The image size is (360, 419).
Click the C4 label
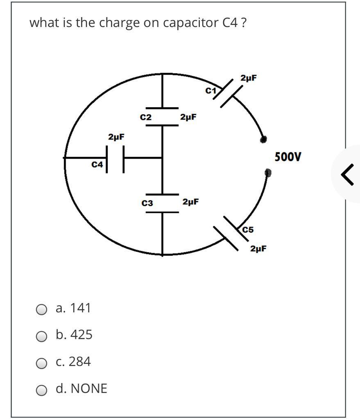(x=97, y=164)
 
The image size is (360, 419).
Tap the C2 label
(x=145, y=117)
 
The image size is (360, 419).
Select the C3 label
(x=147, y=203)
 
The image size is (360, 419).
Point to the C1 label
(x=211, y=91)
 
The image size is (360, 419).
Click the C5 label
(x=248, y=230)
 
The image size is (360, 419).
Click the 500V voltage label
(x=288, y=157)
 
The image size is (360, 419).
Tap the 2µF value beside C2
(x=188, y=117)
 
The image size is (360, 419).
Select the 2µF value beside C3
(x=191, y=202)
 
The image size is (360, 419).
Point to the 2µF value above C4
(x=116, y=137)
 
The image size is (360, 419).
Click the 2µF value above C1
(x=249, y=78)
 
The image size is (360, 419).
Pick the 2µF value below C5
(x=258, y=248)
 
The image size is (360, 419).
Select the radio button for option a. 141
(x=41, y=310)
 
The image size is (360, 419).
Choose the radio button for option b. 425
(x=41, y=337)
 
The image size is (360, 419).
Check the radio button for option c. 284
(x=41, y=363)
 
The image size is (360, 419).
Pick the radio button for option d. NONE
(x=41, y=390)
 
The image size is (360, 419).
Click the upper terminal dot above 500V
(x=264, y=140)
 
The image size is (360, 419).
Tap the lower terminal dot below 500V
(x=267, y=173)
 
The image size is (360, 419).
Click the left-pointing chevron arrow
(x=347, y=174)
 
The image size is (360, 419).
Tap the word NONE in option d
(x=89, y=388)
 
